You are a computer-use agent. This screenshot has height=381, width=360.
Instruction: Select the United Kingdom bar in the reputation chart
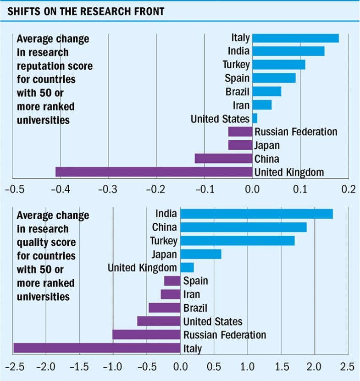point(154,172)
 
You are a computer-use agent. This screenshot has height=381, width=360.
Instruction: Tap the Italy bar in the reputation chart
point(295,38)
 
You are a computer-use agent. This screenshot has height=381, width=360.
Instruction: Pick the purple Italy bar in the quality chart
point(97,348)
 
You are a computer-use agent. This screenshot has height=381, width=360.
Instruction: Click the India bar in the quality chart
point(256,214)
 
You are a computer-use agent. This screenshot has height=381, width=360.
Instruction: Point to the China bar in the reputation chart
point(223,159)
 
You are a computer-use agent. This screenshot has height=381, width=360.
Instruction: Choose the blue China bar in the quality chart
point(243,227)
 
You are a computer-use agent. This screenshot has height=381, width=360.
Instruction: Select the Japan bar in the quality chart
point(200,254)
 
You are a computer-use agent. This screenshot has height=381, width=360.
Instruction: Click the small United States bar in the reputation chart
point(255,118)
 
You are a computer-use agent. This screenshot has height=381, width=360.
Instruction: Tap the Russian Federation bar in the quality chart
point(146,335)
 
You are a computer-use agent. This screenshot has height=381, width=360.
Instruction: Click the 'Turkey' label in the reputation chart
point(236,65)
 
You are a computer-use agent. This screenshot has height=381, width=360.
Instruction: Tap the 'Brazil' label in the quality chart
point(195,308)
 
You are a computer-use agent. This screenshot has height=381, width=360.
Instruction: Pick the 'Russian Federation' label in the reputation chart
point(296,132)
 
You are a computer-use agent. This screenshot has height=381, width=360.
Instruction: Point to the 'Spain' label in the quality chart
point(195,281)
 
